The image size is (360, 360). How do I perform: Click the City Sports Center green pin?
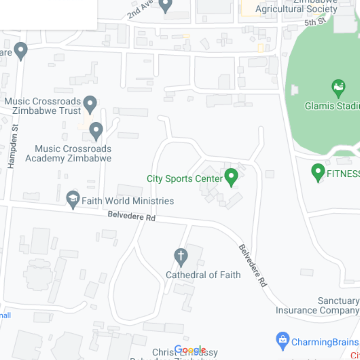(x=231, y=177)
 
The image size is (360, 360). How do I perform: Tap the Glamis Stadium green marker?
(x=338, y=88)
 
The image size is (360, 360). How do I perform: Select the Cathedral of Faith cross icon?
(x=181, y=256)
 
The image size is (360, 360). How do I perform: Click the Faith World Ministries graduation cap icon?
(x=73, y=200)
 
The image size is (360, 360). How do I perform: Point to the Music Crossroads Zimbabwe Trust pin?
(x=90, y=104)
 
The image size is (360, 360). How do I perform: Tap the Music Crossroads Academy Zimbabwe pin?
(x=96, y=131)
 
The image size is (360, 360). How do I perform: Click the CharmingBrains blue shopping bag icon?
(x=283, y=341)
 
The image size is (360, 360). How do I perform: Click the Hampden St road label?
(x=13, y=146)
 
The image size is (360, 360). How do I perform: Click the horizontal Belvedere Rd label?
(x=131, y=216)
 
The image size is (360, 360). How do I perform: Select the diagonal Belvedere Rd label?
(x=253, y=265)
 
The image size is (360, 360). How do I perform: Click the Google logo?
(x=190, y=350)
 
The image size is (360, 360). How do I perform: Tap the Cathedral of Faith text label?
(x=203, y=275)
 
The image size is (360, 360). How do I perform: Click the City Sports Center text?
(x=185, y=179)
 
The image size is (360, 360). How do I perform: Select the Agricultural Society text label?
(x=296, y=9)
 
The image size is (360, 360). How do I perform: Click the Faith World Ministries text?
(x=128, y=201)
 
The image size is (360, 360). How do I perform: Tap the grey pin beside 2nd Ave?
(x=165, y=5)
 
